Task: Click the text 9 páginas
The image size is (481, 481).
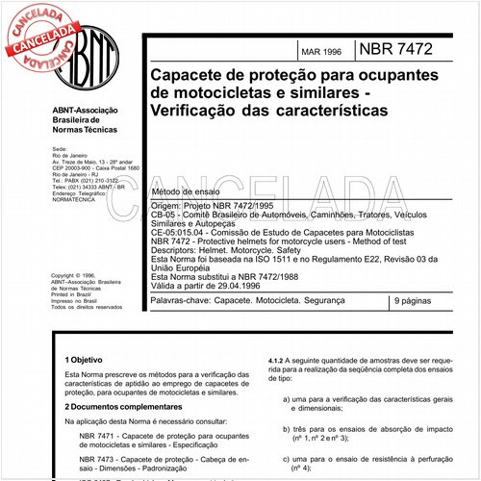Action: [x=415, y=302]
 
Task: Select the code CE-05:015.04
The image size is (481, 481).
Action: [x=180, y=232]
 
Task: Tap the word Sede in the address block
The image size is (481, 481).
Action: [x=59, y=150]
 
